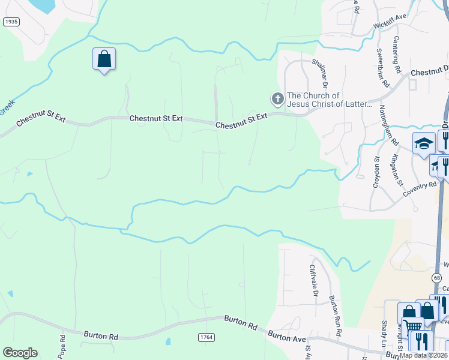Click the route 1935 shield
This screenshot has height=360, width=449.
pos(11,22)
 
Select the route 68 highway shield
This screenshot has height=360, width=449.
pos(436,278)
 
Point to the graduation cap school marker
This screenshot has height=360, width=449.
pos(424,143)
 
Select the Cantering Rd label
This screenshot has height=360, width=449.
pos(397,58)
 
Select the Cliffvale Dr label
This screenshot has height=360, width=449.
pos(313,281)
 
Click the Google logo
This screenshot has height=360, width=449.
pos(20,353)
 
